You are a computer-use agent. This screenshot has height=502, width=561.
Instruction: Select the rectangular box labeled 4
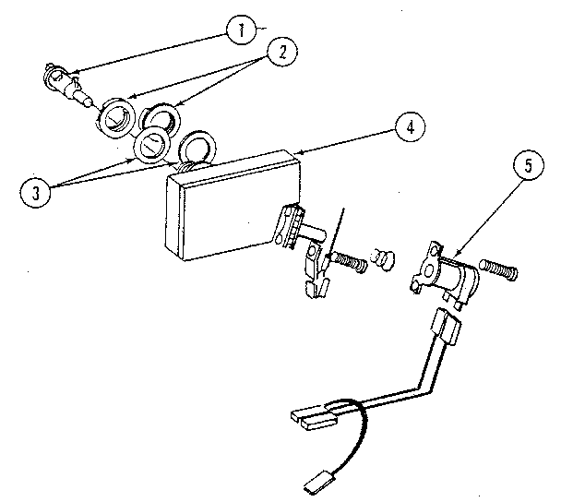tap(221, 208)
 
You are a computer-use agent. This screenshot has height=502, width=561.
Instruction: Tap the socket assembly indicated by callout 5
tap(448, 271)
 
